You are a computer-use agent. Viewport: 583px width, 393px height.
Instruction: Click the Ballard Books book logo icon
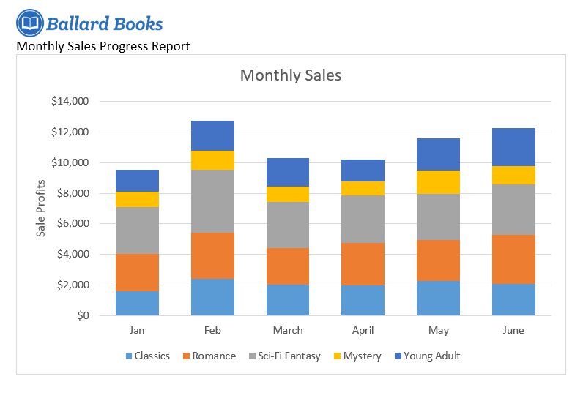[29, 23]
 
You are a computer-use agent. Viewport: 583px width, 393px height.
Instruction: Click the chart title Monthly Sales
[290, 75]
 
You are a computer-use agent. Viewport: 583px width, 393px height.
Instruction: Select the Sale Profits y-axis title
[42, 209]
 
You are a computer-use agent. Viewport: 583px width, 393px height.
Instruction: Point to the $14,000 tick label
[70, 102]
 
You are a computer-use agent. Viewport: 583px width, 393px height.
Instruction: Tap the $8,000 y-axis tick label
[73, 193]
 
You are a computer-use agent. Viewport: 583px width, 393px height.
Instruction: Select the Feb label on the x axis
[212, 331]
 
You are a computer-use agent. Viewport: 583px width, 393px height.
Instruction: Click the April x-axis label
[363, 331]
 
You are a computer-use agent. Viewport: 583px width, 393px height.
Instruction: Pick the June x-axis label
[513, 331]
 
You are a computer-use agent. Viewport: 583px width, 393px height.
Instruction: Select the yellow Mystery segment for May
[438, 182]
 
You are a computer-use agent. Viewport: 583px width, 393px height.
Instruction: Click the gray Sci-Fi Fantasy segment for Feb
[212, 201]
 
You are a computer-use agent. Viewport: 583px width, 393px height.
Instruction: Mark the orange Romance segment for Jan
[137, 272]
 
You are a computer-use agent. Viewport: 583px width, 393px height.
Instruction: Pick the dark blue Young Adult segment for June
[513, 147]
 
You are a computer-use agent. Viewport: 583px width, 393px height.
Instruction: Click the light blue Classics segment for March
[287, 300]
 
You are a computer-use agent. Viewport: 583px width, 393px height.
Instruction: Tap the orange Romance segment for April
[363, 263]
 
